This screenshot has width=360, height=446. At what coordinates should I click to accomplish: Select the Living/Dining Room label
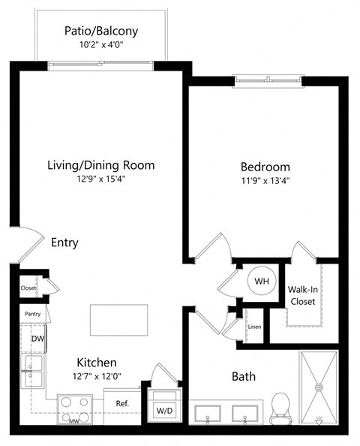(100, 165)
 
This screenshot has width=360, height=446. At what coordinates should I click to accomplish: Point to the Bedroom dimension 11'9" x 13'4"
(265, 180)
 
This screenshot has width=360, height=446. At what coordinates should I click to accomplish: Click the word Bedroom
(265, 166)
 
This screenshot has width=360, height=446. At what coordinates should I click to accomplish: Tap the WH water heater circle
(262, 281)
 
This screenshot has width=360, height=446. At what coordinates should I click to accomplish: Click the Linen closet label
(254, 327)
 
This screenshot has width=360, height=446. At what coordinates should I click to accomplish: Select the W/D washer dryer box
(164, 410)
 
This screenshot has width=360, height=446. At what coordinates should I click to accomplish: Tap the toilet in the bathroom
(280, 406)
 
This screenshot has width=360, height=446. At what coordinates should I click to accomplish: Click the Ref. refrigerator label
(122, 404)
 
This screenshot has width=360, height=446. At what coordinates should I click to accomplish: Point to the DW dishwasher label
(37, 339)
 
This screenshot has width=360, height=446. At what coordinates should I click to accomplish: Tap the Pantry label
(31, 314)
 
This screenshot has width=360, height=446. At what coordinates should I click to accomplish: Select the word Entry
(64, 243)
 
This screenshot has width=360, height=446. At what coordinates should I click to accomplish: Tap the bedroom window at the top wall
(268, 79)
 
